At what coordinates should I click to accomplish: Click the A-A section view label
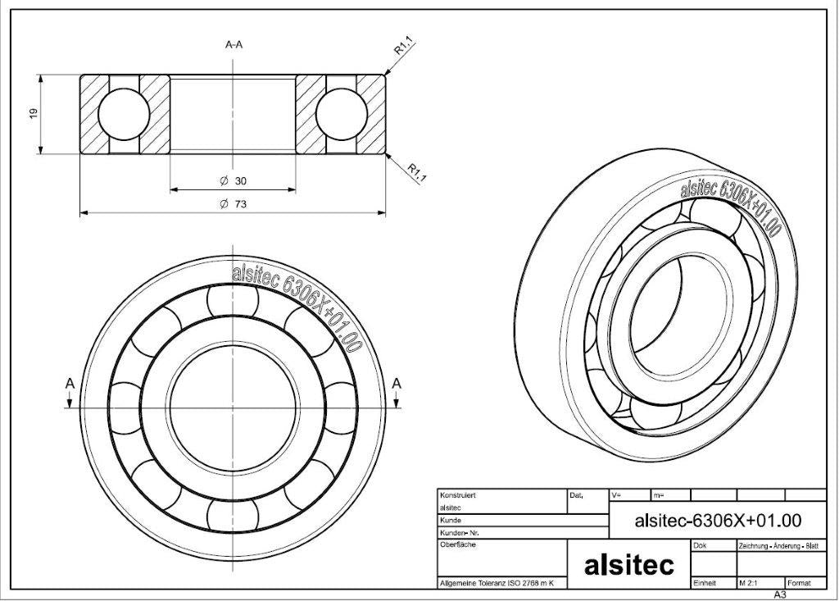[x=234, y=44]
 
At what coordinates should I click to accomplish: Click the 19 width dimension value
[x=34, y=113]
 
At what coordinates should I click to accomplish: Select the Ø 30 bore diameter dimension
[x=234, y=181]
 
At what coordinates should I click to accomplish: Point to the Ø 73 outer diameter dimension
[x=234, y=204]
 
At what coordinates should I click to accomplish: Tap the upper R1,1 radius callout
[x=405, y=45]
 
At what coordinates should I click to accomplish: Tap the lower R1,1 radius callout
[x=416, y=172]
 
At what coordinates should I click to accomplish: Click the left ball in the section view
[x=124, y=114]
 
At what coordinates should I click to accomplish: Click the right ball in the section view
[x=342, y=114]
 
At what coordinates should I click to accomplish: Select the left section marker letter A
[x=70, y=384]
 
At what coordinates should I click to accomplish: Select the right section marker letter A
[x=396, y=384]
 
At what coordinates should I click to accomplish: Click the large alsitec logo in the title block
[x=628, y=565]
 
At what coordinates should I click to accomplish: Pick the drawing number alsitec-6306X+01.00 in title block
[x=718, y=520]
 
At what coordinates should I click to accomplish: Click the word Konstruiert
[x=457, y=495]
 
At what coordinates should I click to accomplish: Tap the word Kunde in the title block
[x=450, y=520]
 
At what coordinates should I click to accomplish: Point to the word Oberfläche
[x=457, y=544]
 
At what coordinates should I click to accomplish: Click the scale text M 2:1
[x=748, y=583]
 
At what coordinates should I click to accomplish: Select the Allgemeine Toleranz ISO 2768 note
[x=496, y=583]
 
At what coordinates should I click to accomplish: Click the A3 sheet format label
[x=780, y=594]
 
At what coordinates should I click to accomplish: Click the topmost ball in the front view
[x=233, y=300]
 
